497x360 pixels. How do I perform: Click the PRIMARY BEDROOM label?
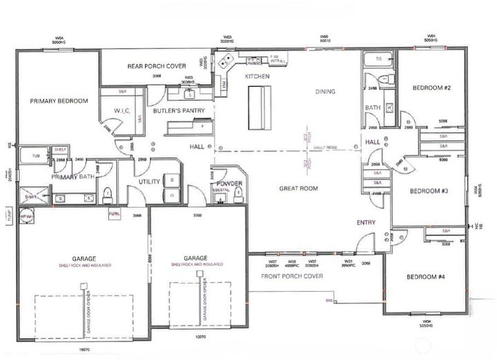pos(59,101)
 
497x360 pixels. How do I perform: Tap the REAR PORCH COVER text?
pos(157,66)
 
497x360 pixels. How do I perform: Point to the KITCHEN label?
pos(257,77)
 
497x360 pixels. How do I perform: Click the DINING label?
pos(325,91)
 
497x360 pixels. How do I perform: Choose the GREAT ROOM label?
pos(298,188)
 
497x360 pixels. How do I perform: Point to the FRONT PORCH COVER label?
pos(292,276)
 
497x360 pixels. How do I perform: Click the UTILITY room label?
pos(149,181)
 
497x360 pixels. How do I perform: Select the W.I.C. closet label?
pos(128,110)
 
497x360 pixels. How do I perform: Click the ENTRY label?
pos(366,222)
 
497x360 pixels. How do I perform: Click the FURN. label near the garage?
pos(115,214)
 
